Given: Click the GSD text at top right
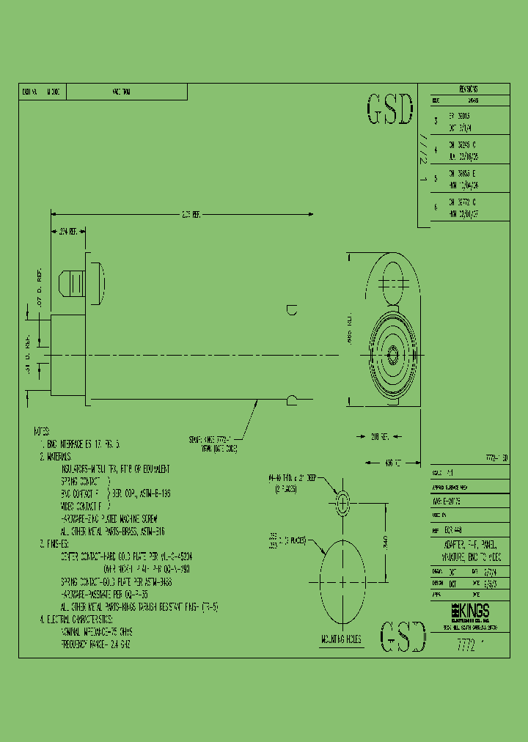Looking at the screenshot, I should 389,110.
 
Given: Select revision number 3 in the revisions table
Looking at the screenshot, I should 436,121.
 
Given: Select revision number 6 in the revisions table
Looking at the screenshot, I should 436,207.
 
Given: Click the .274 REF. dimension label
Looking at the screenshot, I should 69,232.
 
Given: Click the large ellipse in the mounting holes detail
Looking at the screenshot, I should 343,581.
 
